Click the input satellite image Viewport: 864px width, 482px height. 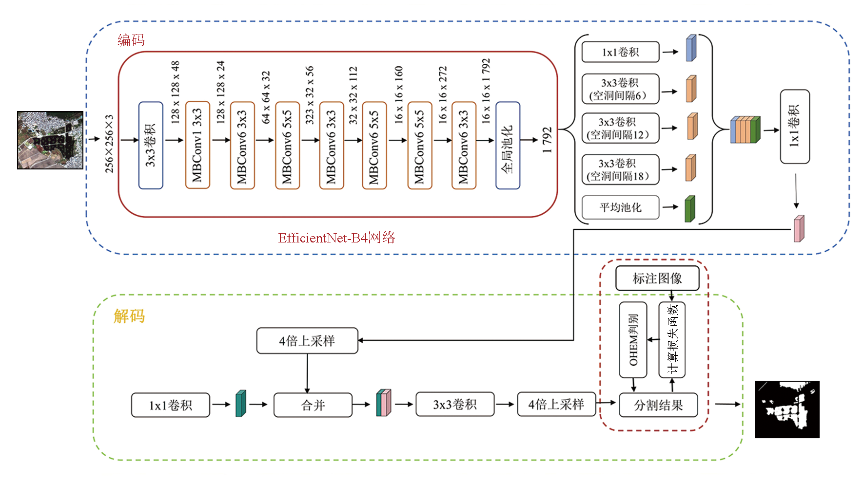click(x=50, y=140)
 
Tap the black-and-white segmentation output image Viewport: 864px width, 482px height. click(x=787, y=409)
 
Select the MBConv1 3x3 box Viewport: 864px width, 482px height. click(x=197, y=145)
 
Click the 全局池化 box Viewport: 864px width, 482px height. click(x=508, y=145)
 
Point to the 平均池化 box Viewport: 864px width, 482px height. click(x=620, y=207)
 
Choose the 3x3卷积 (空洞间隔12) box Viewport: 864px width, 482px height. click(x=620, y=128)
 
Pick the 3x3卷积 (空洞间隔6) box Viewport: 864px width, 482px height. click(x=620, y=89)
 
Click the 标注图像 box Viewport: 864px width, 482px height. click(x=657, y=278)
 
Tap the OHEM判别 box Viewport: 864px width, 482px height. click(x=633, y=340)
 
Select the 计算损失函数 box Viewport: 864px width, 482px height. click(x=672, y=340)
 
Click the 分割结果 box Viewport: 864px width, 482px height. click(x=658, y=405)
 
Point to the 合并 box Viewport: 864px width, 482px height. click(x=313, y=405)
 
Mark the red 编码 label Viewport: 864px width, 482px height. click(x=131, y=40)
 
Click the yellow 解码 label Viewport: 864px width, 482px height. click(x=129, y=316)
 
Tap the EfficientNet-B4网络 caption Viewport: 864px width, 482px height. click(x=336, y=238)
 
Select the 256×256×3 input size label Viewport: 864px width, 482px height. click(x=109, y=144)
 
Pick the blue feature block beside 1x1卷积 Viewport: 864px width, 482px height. click(x=691, y=48)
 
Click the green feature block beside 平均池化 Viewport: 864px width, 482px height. click(x=689, y=209)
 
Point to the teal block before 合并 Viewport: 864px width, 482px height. click(x=240, y=404)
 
